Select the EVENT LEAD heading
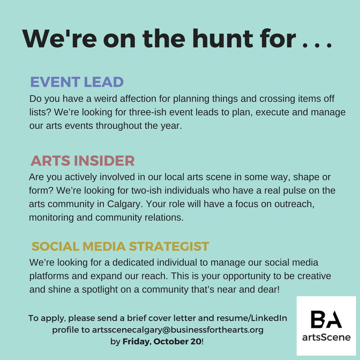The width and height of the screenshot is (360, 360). click(76, 82)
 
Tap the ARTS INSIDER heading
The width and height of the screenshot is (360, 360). click(83, 161)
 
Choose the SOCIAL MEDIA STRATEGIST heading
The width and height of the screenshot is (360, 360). click(120, 246)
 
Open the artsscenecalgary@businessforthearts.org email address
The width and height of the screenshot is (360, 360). click(177, 329)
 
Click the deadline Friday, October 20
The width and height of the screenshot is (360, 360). click(164, 341)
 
